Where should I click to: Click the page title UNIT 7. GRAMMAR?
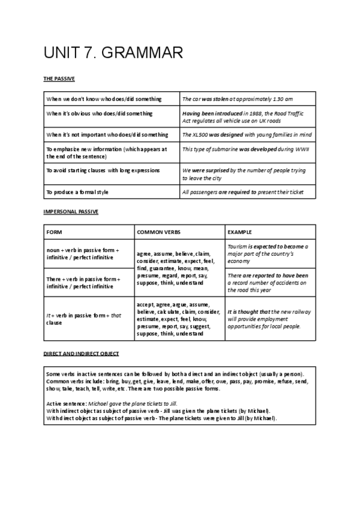[x=113, y=53]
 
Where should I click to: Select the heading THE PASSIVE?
[x=59, y=79]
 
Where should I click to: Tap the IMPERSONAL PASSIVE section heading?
[x=71, y=212]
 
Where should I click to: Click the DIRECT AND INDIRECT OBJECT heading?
[x=81, y=354]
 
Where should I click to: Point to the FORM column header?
[x=54, y=232]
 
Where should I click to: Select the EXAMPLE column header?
[x=240, y=232]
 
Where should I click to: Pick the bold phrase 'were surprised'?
[x=210, y=170]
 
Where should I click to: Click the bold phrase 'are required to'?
[x=237, y=192]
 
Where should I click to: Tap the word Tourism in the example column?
[x=239, y=247]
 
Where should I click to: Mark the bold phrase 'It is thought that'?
[x=248, y=312]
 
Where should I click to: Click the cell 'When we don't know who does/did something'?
[x=104, y=99]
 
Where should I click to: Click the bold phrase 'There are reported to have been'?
[x=268, y=276]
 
